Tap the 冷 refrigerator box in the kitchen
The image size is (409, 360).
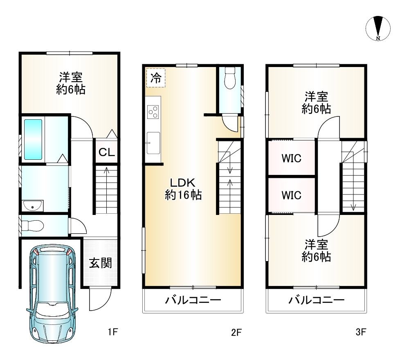[x=156, y=78]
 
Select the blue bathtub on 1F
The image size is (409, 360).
[x=33, y=139]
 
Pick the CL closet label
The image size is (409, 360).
[x=107, y=153]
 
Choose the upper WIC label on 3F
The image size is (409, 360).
[x=291, y=158]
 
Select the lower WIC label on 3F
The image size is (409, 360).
[x=291, y=195]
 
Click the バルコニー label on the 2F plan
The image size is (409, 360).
[x=193, y=301]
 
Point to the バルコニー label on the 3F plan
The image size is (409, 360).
[x=317, y=301]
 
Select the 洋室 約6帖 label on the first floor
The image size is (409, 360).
[x=71, y=83]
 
